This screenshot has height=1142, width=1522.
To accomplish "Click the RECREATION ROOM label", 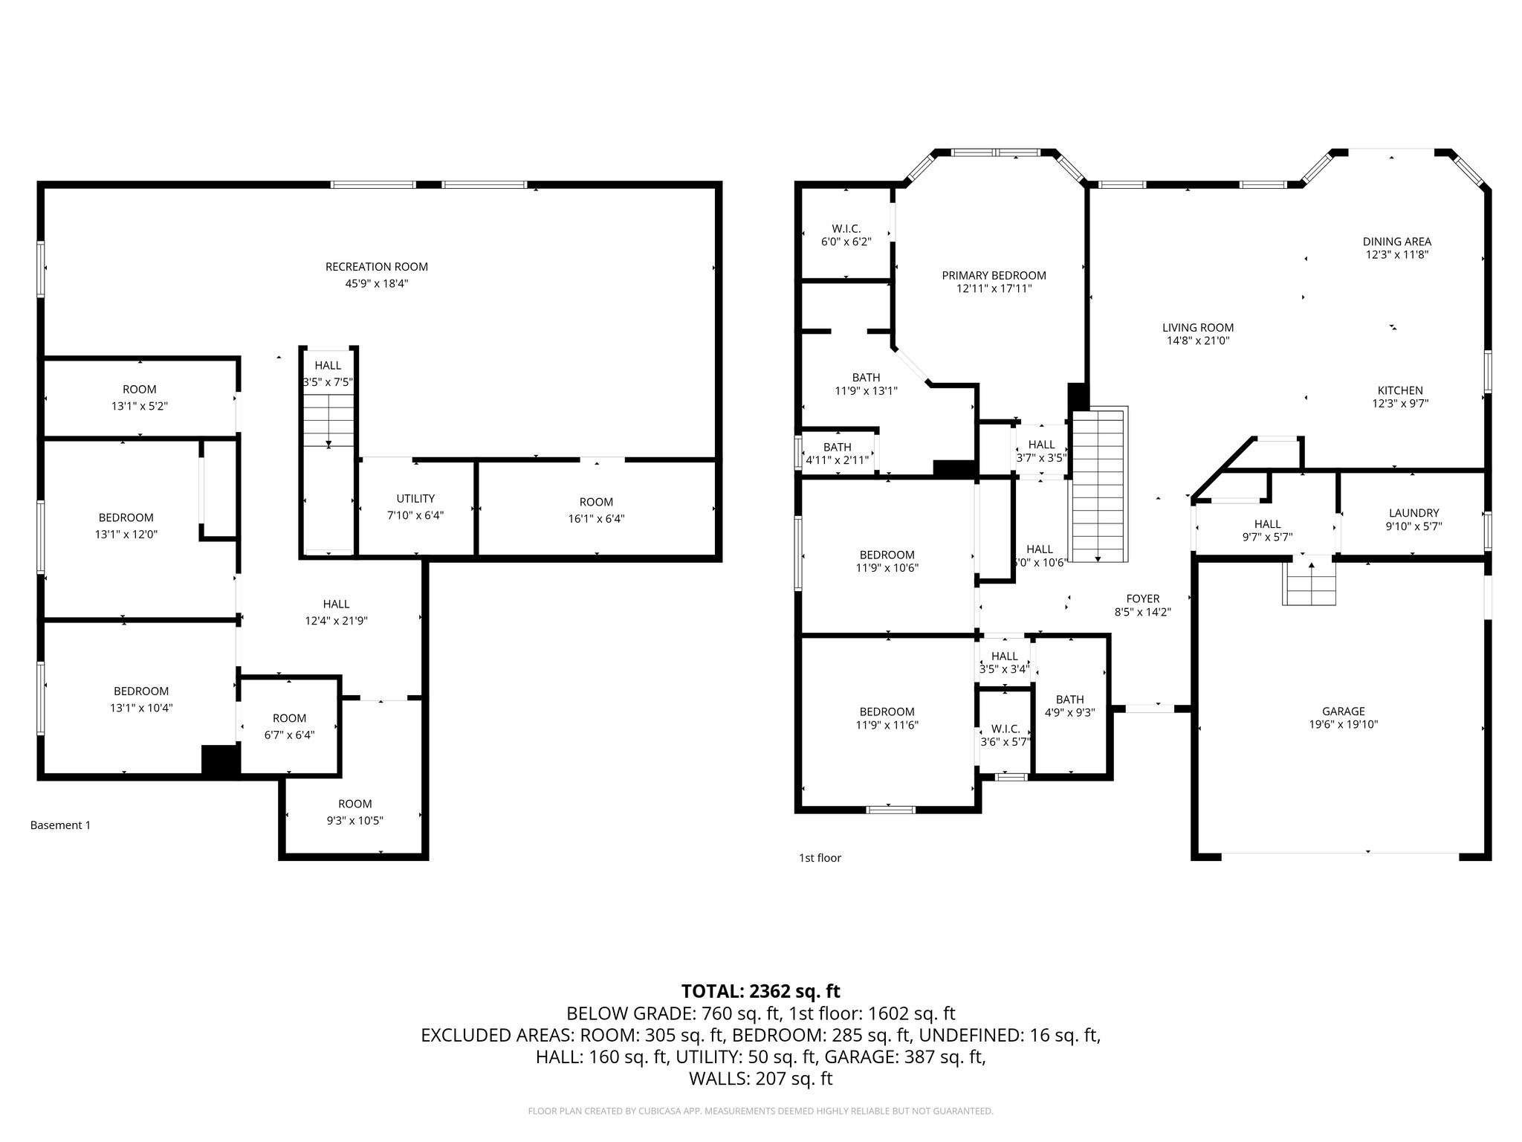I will tap(376, 267).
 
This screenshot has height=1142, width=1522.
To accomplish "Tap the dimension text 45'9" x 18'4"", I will tap(376, 284).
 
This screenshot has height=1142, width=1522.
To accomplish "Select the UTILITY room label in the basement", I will tap(415, 499).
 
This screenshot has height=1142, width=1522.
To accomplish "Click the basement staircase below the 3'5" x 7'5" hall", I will tap(328, 421).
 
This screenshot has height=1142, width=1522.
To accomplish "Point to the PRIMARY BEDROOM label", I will tap(994, 275).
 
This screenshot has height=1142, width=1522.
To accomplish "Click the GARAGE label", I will tap(1343, 711).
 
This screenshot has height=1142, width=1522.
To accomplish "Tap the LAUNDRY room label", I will tap(1413, 513).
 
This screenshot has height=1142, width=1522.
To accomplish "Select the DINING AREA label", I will tap(1396, 242).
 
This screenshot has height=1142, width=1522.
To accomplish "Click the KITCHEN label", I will tap(1400, 390).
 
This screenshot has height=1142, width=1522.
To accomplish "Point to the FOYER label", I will tap(1142, 599).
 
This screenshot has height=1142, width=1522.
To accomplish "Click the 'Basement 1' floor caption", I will tap(60, 825).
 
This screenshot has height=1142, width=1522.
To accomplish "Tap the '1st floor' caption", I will tap(820, 858).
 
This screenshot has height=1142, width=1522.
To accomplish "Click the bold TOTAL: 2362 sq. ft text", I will tap(760, 991).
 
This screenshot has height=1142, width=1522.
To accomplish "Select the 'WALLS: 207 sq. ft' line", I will tap(760, 1078).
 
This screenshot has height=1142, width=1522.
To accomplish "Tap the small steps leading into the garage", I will tap(1310, 584).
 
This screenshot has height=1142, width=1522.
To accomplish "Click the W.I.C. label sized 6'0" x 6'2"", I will tap(846, 229).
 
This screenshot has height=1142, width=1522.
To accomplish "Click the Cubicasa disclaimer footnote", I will tap(760, 1111).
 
